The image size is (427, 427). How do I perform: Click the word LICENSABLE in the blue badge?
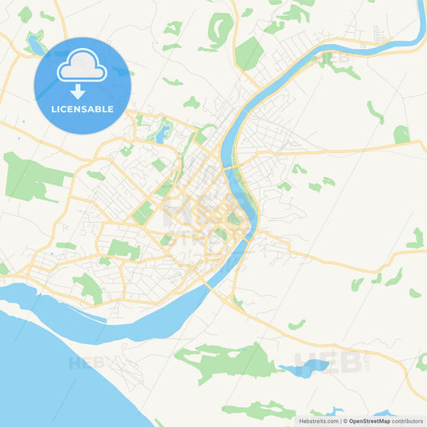pos(82,109)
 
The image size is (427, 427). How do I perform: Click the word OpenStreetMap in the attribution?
pos(374,421)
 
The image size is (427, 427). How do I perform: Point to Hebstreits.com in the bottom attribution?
pos(318,421)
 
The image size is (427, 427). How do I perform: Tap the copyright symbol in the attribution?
pos(344,421)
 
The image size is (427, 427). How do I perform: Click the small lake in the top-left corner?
pos(34,45)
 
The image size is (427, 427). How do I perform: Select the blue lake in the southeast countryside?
pos(304,369)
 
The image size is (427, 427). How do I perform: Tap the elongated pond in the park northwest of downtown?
pos(164,132)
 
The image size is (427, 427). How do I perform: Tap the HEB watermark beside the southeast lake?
pos(328,363)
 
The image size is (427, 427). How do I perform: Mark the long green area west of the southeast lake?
pos(224,361)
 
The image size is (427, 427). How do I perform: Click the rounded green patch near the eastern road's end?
pos(401,134)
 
